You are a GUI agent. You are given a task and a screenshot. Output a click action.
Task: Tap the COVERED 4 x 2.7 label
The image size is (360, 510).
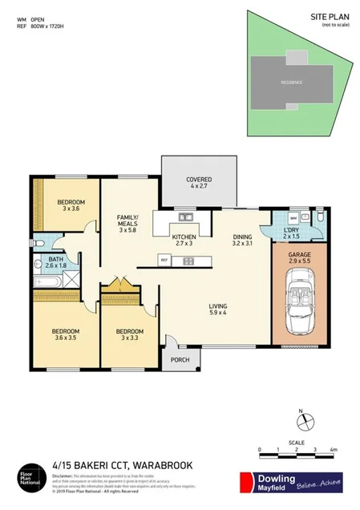click(x=199, y=183)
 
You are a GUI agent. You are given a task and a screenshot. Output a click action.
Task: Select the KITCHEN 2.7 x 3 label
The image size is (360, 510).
click(x=185, y=241)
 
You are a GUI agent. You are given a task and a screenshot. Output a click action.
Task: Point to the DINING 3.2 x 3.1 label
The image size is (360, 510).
click(x=242, y=241)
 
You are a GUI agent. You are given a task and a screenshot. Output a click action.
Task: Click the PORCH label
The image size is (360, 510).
click(x=180, y=360)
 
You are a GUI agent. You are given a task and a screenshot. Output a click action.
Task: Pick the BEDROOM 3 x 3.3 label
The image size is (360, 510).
click(x=128, y=336)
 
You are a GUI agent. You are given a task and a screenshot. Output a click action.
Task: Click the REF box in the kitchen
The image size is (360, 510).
click(x=164, y=259)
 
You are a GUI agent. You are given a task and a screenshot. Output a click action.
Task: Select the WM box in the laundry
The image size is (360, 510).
click(x=293, y=218)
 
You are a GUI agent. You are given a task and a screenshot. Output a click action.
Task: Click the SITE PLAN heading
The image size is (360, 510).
click(x=327, y=15)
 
